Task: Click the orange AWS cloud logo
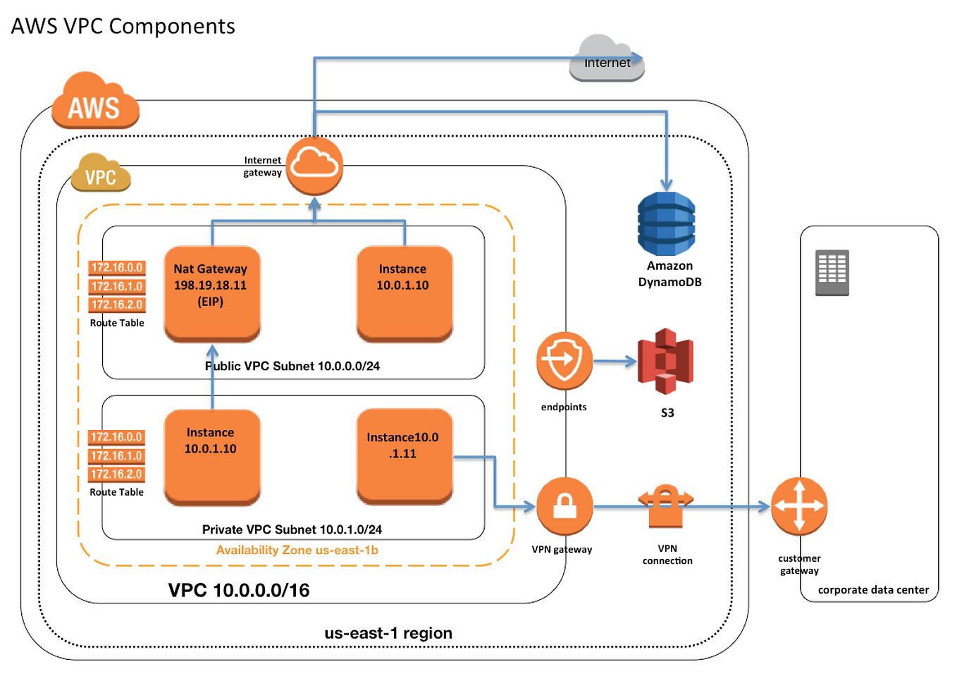(x=95, y=102)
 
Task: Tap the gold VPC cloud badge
(x=101, y=173)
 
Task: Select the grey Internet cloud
(x=607, y=59)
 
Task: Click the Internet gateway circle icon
(x=314, y=166)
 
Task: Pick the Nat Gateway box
(x=211, y=293)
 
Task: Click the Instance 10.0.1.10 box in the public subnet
(x=404, y=293)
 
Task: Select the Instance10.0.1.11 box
(x=404, y=455)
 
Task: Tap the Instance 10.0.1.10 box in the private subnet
(x=211, y=456)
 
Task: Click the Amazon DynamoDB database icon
(x=666, y=223)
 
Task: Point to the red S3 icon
(x=665, y=361)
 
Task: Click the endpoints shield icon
(x=564, y=361)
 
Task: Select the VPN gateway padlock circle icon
(x=564, y=506)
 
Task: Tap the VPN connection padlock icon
(x=665, y=505)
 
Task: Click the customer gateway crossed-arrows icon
(x=798, y=506)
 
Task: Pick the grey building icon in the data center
(x=832, y=272)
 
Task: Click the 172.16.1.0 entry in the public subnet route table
(x=117, y=286)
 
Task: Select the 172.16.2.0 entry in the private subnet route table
(x=116, y=474)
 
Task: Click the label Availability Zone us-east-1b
(x=297, y=550)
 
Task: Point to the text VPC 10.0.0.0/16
(x=238, y=590)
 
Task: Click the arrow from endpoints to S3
(x=615, y=362)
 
